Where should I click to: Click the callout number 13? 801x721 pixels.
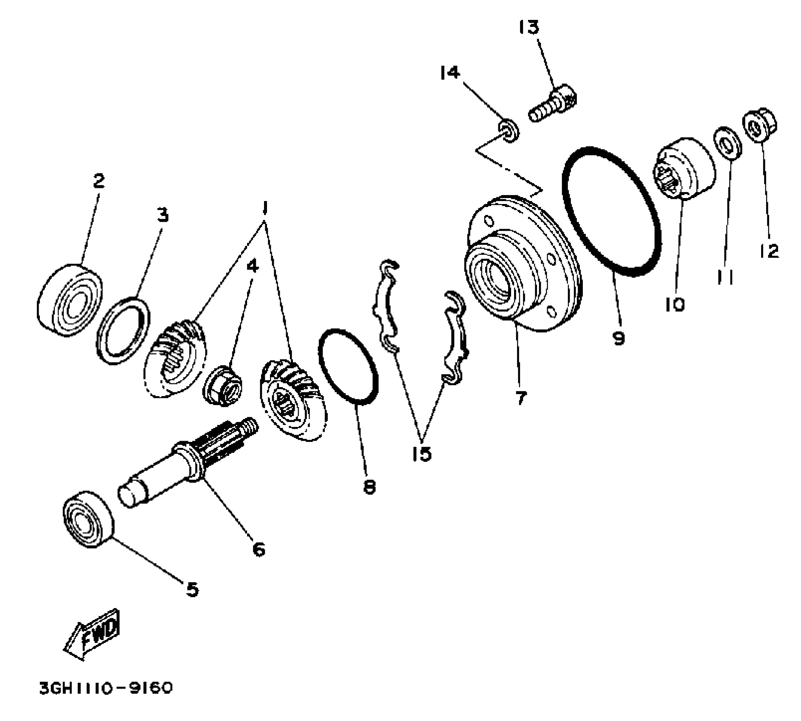click(529, 27)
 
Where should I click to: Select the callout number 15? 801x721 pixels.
click(422, 453)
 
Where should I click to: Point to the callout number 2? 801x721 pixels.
click(98, 182)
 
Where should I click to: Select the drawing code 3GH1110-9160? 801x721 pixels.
click(106, 688)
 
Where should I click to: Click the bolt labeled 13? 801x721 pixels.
click(553, 104)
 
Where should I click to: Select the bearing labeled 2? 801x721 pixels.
click(70, 300)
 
